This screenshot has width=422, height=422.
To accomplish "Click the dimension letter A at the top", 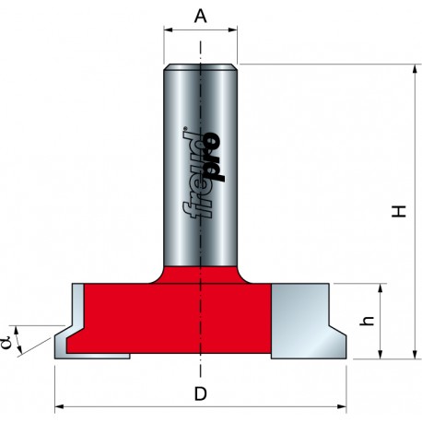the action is point(201,17).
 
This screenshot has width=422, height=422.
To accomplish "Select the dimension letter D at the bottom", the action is point(201,393).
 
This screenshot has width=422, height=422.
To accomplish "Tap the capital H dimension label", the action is point(399,212).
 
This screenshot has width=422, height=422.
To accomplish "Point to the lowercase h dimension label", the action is point(368,321).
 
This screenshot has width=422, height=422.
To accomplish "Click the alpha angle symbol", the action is point(6,343).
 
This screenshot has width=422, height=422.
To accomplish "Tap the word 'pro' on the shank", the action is point(215,157).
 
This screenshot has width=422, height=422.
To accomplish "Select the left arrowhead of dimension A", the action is point(169,29).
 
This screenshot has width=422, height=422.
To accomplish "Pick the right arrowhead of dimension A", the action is point(232,29).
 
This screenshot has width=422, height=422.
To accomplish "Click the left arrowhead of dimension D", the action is point(60,406).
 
